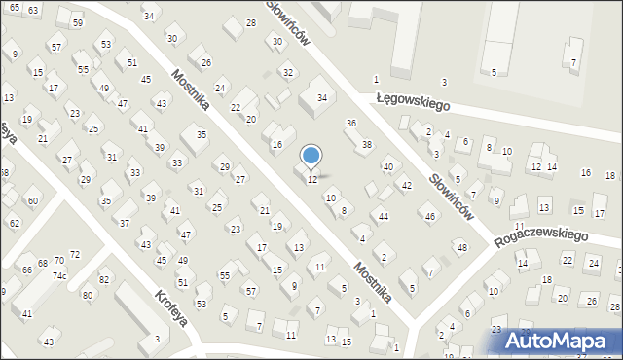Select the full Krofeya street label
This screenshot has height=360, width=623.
[169, 306]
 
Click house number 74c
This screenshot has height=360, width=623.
[59, 275]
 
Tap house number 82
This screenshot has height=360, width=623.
[104, 279]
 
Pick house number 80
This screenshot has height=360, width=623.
[87, 294]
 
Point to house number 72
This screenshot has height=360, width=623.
[75, 254]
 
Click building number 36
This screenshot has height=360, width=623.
[351, 124]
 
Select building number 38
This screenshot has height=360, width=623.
[367, 145]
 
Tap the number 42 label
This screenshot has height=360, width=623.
[407, 185]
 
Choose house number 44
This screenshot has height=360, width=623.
[385, 216]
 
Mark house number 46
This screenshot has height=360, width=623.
[430, 216]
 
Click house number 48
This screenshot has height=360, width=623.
[462, 248]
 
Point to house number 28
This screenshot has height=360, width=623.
[250, 22]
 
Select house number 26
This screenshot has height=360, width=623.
[206, 63]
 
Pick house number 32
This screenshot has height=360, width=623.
[288, 73]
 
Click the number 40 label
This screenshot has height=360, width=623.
[387, 167]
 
